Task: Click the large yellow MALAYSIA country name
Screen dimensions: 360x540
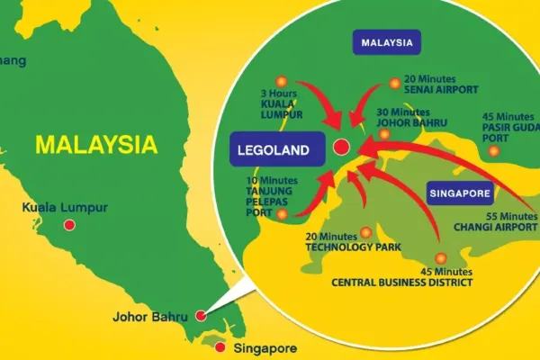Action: point(95,144)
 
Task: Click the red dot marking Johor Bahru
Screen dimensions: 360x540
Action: point(201,316)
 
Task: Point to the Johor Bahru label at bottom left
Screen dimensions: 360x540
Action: point(149,317)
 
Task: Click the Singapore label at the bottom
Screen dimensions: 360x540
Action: point(264,347)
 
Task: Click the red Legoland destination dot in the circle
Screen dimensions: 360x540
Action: point(341,148)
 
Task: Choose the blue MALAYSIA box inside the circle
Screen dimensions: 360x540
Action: point(386,42)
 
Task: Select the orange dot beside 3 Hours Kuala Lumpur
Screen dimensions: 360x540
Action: point(280,80)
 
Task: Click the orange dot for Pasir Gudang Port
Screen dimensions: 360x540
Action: point(493,150)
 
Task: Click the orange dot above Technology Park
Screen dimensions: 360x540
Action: point(364,231)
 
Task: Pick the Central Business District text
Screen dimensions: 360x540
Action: point(401,282)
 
